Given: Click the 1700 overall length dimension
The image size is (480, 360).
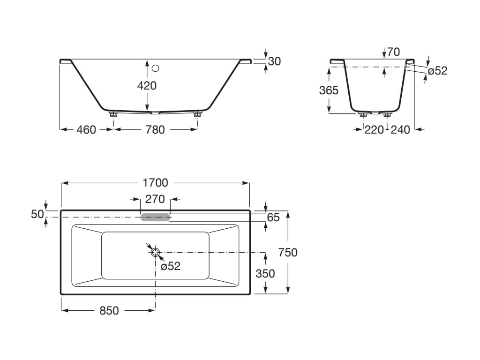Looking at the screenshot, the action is coord(156,183).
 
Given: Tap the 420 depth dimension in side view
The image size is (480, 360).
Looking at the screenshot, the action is coord(147,86).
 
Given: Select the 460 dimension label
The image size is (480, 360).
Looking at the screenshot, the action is coord(86,130).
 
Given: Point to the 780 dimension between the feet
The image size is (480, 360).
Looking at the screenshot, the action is coord(155,130).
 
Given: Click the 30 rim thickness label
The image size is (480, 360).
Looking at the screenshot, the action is coord(275,61).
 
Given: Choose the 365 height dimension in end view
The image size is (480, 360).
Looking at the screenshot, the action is coord(329,90).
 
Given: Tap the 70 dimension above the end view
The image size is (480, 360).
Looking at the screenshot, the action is coord(394,52).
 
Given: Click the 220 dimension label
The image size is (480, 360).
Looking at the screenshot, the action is coord(374,130).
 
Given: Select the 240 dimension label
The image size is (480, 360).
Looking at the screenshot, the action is coord(400,130).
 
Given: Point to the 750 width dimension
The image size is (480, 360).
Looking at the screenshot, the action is coord(288,253).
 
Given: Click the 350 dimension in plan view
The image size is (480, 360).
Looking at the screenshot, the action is coord(265,273).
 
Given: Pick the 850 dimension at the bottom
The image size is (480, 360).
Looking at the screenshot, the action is coord(109,311).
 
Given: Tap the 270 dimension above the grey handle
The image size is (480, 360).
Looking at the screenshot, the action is coord(155,199).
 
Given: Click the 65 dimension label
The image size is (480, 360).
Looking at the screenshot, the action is coord(273,217).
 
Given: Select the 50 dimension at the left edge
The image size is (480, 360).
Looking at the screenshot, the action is coord(37,214).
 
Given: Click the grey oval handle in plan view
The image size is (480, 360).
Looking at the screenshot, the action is coord(155,217).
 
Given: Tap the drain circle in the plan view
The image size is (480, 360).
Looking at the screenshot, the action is coord(155,252).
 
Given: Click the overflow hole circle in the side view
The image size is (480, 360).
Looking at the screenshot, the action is coord(156,68).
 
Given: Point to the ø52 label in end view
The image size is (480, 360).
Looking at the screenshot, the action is coord(438,71).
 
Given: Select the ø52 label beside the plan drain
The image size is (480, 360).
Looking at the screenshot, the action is coord(171,266).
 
